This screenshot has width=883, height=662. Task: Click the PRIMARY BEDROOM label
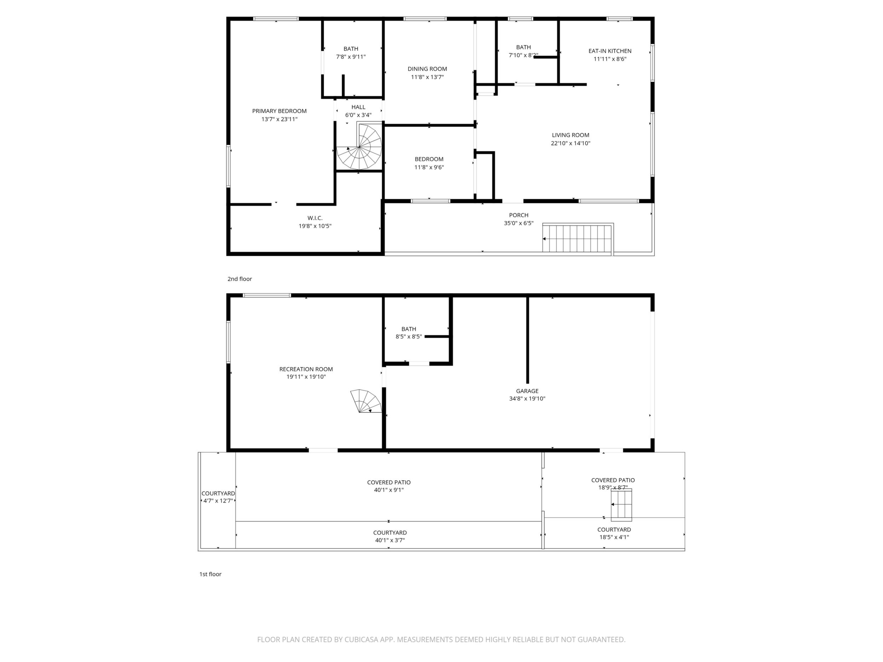tap(279, 111)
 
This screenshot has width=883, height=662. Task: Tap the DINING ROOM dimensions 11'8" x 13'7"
tap(427, 77)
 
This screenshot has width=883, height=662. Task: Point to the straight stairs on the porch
tap(578, 238)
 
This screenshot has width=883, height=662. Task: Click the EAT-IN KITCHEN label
tap(610, 51)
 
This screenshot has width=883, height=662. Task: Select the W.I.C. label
tap(315, 218)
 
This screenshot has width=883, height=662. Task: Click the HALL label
tap(358, 107)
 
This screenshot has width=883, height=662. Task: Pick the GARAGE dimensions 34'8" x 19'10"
tap(527, 398)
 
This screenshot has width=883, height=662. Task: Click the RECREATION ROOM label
tap(306, 369)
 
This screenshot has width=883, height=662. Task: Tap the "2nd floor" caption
tap(239, 279)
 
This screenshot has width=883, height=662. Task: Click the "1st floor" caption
tap(210, 574)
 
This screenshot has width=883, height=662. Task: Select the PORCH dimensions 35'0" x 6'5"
tap(519, 223)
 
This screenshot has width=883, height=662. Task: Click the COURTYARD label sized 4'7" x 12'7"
tap(218, 494)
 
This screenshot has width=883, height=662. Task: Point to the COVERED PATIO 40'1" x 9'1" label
tap(389, 482)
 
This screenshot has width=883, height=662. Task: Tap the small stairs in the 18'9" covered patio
tap(622, 505)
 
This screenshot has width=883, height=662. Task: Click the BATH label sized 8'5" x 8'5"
tap(409, 329)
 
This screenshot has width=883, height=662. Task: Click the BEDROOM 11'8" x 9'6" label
tap(429, 159)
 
